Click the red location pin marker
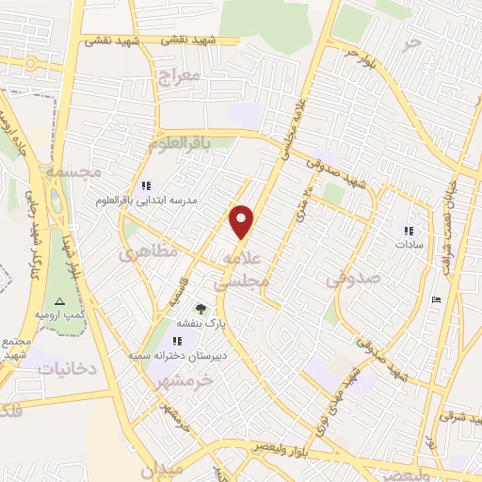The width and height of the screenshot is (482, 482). pos(242,221)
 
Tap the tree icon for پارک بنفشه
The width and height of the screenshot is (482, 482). pos(200,308)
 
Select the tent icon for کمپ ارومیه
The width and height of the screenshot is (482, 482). pos(59,301)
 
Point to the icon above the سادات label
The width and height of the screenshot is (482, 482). pos(409,230)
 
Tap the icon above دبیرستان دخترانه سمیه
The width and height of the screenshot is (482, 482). pos(175,342)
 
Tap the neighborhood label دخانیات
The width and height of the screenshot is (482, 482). pos(67,368)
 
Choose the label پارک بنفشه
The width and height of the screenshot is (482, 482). pos(232,322)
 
